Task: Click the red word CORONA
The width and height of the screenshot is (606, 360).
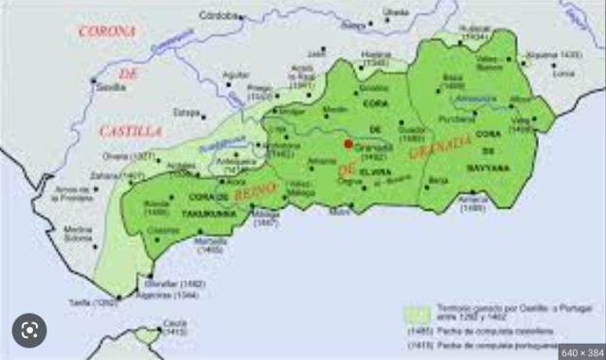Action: pyautogui.click(x=106, y=31)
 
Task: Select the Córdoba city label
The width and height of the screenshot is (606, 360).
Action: pyautogui.click(x=221, y=16)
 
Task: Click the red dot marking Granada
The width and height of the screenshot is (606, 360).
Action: pyautogui.click(x=348, y=144)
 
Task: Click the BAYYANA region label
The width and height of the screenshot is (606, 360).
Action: pyautogui.click(x=488, y=167)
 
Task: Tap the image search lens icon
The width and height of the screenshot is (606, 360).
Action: pyautogui.click(x=28, y=330)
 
